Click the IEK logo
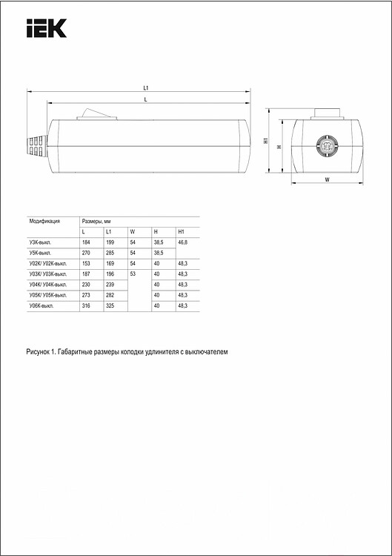[46, 28]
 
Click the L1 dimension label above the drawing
[145, 88]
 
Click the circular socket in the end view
[327, 145]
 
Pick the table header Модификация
[44, 221]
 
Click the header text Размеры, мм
[96, 221]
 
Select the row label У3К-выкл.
[41, 242]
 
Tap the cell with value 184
[87, 242]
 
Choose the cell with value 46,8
[183, 242]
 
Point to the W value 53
[133, 274]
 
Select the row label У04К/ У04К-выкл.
[48, 284]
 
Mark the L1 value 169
[110, 263]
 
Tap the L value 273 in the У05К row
[87, 294]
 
